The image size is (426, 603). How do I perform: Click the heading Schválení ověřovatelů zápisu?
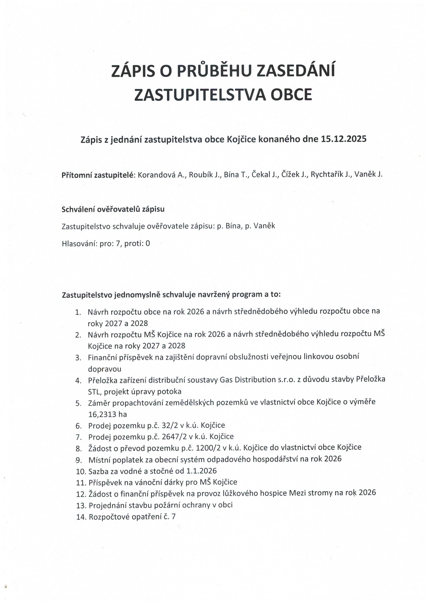click(x=113, y=209)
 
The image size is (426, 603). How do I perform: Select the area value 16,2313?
click(x=103, y=414)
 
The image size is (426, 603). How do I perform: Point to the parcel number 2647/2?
click(x=175, y=437)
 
